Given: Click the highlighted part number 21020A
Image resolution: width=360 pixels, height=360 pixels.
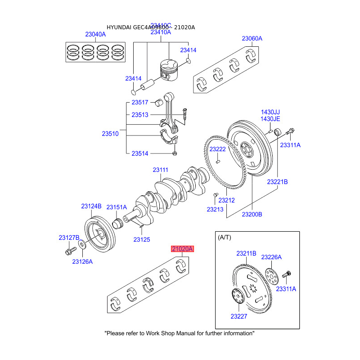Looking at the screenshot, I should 182,249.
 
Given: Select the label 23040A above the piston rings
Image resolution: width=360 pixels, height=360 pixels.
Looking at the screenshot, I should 96,34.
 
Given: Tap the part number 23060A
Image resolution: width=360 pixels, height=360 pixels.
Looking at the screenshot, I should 252,39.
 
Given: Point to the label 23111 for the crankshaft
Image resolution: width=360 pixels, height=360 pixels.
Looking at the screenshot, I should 160,170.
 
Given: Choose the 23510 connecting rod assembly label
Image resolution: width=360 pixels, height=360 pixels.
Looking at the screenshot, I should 110,134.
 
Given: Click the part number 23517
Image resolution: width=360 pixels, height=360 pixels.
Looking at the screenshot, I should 140,103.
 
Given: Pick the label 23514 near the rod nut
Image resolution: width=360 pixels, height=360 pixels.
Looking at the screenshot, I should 140,153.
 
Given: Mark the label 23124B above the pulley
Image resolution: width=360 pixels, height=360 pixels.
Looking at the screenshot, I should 91,206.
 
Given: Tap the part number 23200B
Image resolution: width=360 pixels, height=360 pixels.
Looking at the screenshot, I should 252,214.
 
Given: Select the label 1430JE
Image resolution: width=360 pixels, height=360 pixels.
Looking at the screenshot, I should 270,119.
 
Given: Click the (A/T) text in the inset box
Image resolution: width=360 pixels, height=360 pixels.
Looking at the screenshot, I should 225,237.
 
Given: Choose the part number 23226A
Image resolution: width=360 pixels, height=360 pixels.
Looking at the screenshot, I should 271,257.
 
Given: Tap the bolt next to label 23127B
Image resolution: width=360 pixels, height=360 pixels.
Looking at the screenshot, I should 70,249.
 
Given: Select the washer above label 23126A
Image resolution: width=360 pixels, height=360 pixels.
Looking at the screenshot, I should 82,244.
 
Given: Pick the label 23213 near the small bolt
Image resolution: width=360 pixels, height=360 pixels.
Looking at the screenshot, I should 216,209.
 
